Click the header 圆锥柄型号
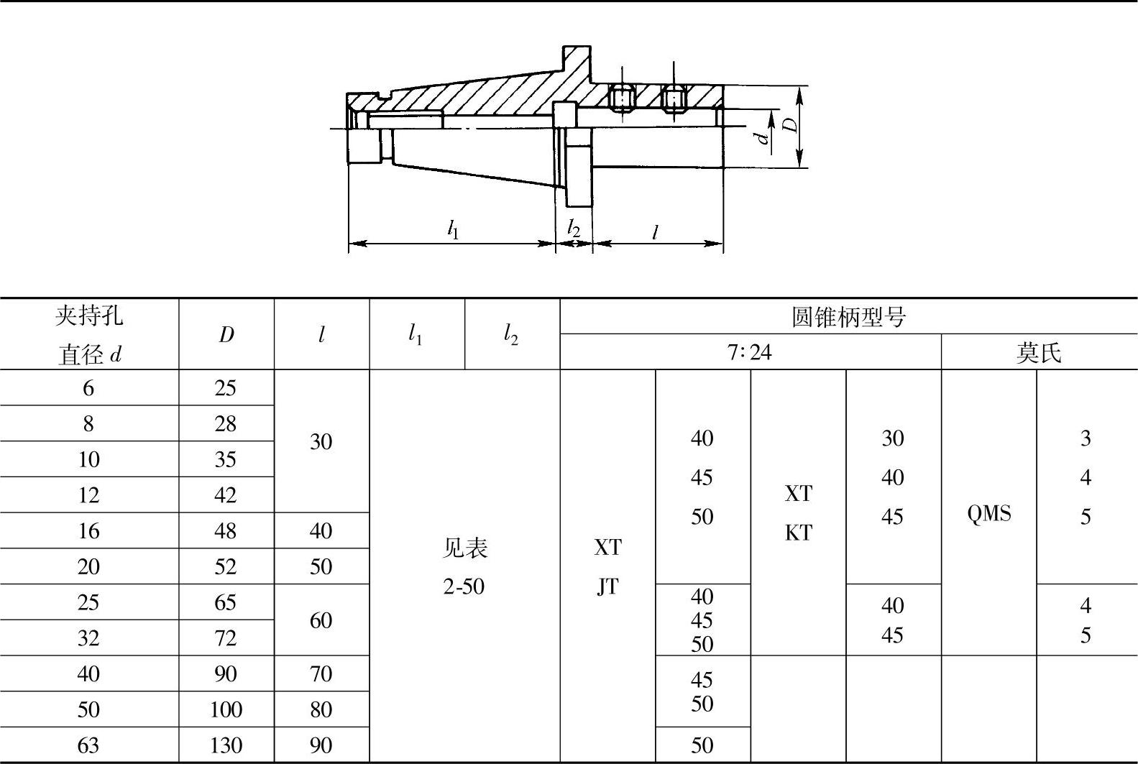point(848,317)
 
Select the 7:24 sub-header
point(750,352)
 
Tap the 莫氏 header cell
point(1039,352)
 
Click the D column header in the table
point(226,335)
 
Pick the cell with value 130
point(226,745)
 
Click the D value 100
point(226,709)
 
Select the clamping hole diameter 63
point(88,745)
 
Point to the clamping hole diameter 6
point(88,388)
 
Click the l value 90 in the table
point(321,745)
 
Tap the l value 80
point(321,709)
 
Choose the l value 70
point(321,673)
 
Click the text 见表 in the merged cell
point(464,548)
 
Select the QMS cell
point(989,513)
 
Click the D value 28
point(226,424)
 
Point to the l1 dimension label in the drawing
point(453,229)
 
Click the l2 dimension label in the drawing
point(573,229)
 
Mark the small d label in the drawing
point(763,136)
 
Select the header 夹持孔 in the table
point(88,316)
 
